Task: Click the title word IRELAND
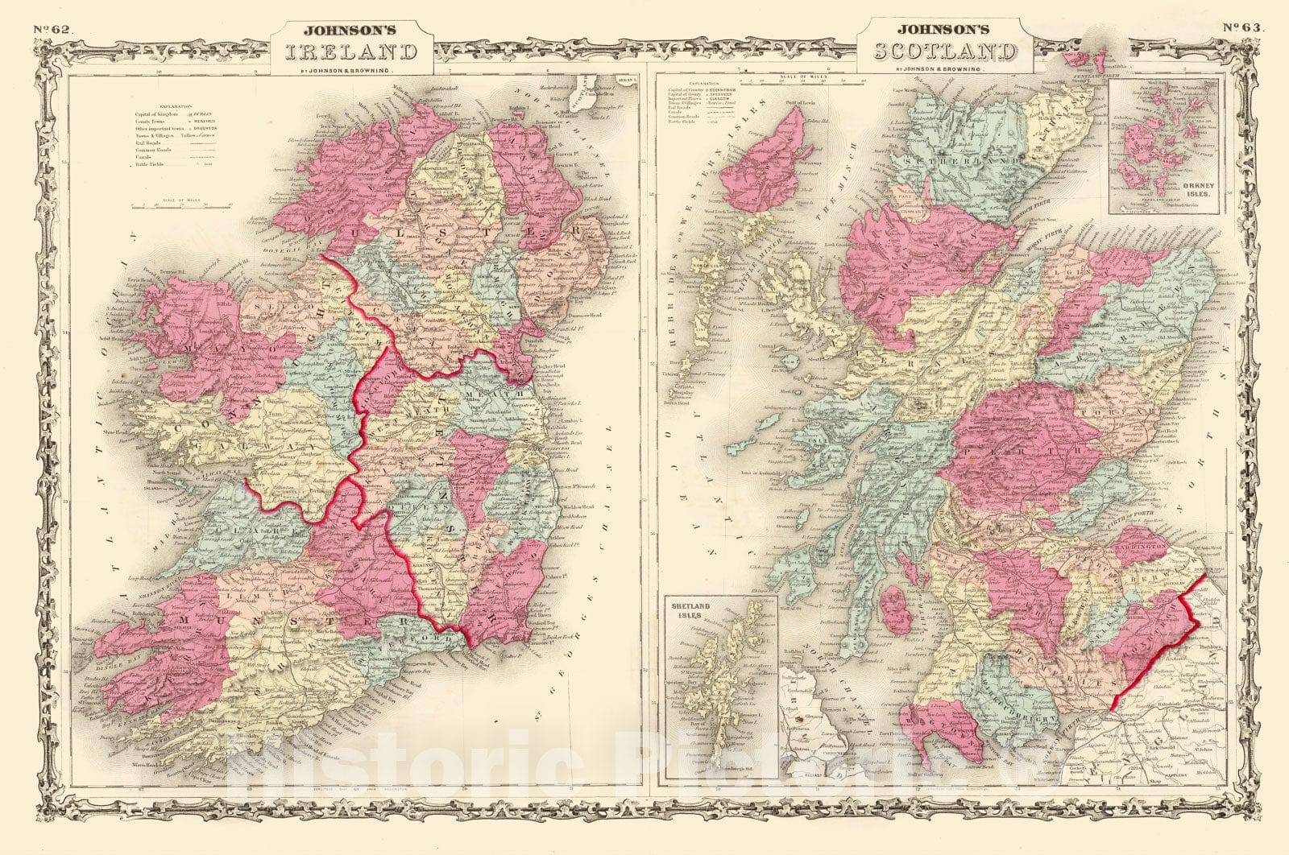[350, 52]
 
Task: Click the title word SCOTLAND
[945, 52]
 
